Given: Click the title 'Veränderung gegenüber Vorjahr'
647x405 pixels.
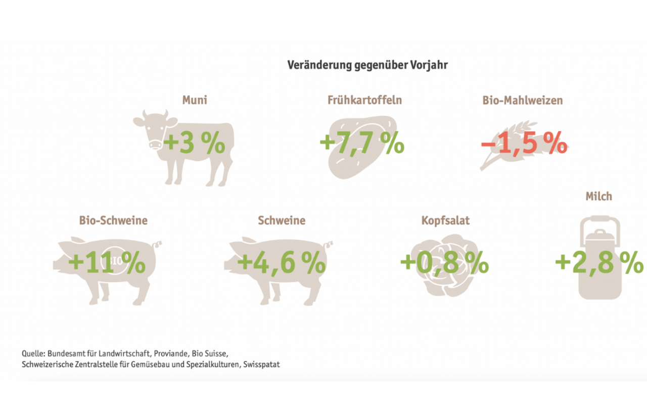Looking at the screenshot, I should coord(367,65).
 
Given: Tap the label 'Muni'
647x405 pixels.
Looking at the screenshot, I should coord(195,100).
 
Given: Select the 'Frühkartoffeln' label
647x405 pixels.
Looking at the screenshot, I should coord(364,100).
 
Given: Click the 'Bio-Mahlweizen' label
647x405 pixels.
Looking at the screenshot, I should coord(522,100).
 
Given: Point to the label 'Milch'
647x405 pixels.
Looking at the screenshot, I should coord(599,196).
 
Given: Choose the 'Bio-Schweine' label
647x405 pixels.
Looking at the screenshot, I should coord(113,220).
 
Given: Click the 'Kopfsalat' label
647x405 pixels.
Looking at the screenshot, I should coord(445,220).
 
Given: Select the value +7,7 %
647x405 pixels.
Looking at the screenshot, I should coord(362,144).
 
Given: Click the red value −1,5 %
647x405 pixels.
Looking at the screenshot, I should coord(524,144).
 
